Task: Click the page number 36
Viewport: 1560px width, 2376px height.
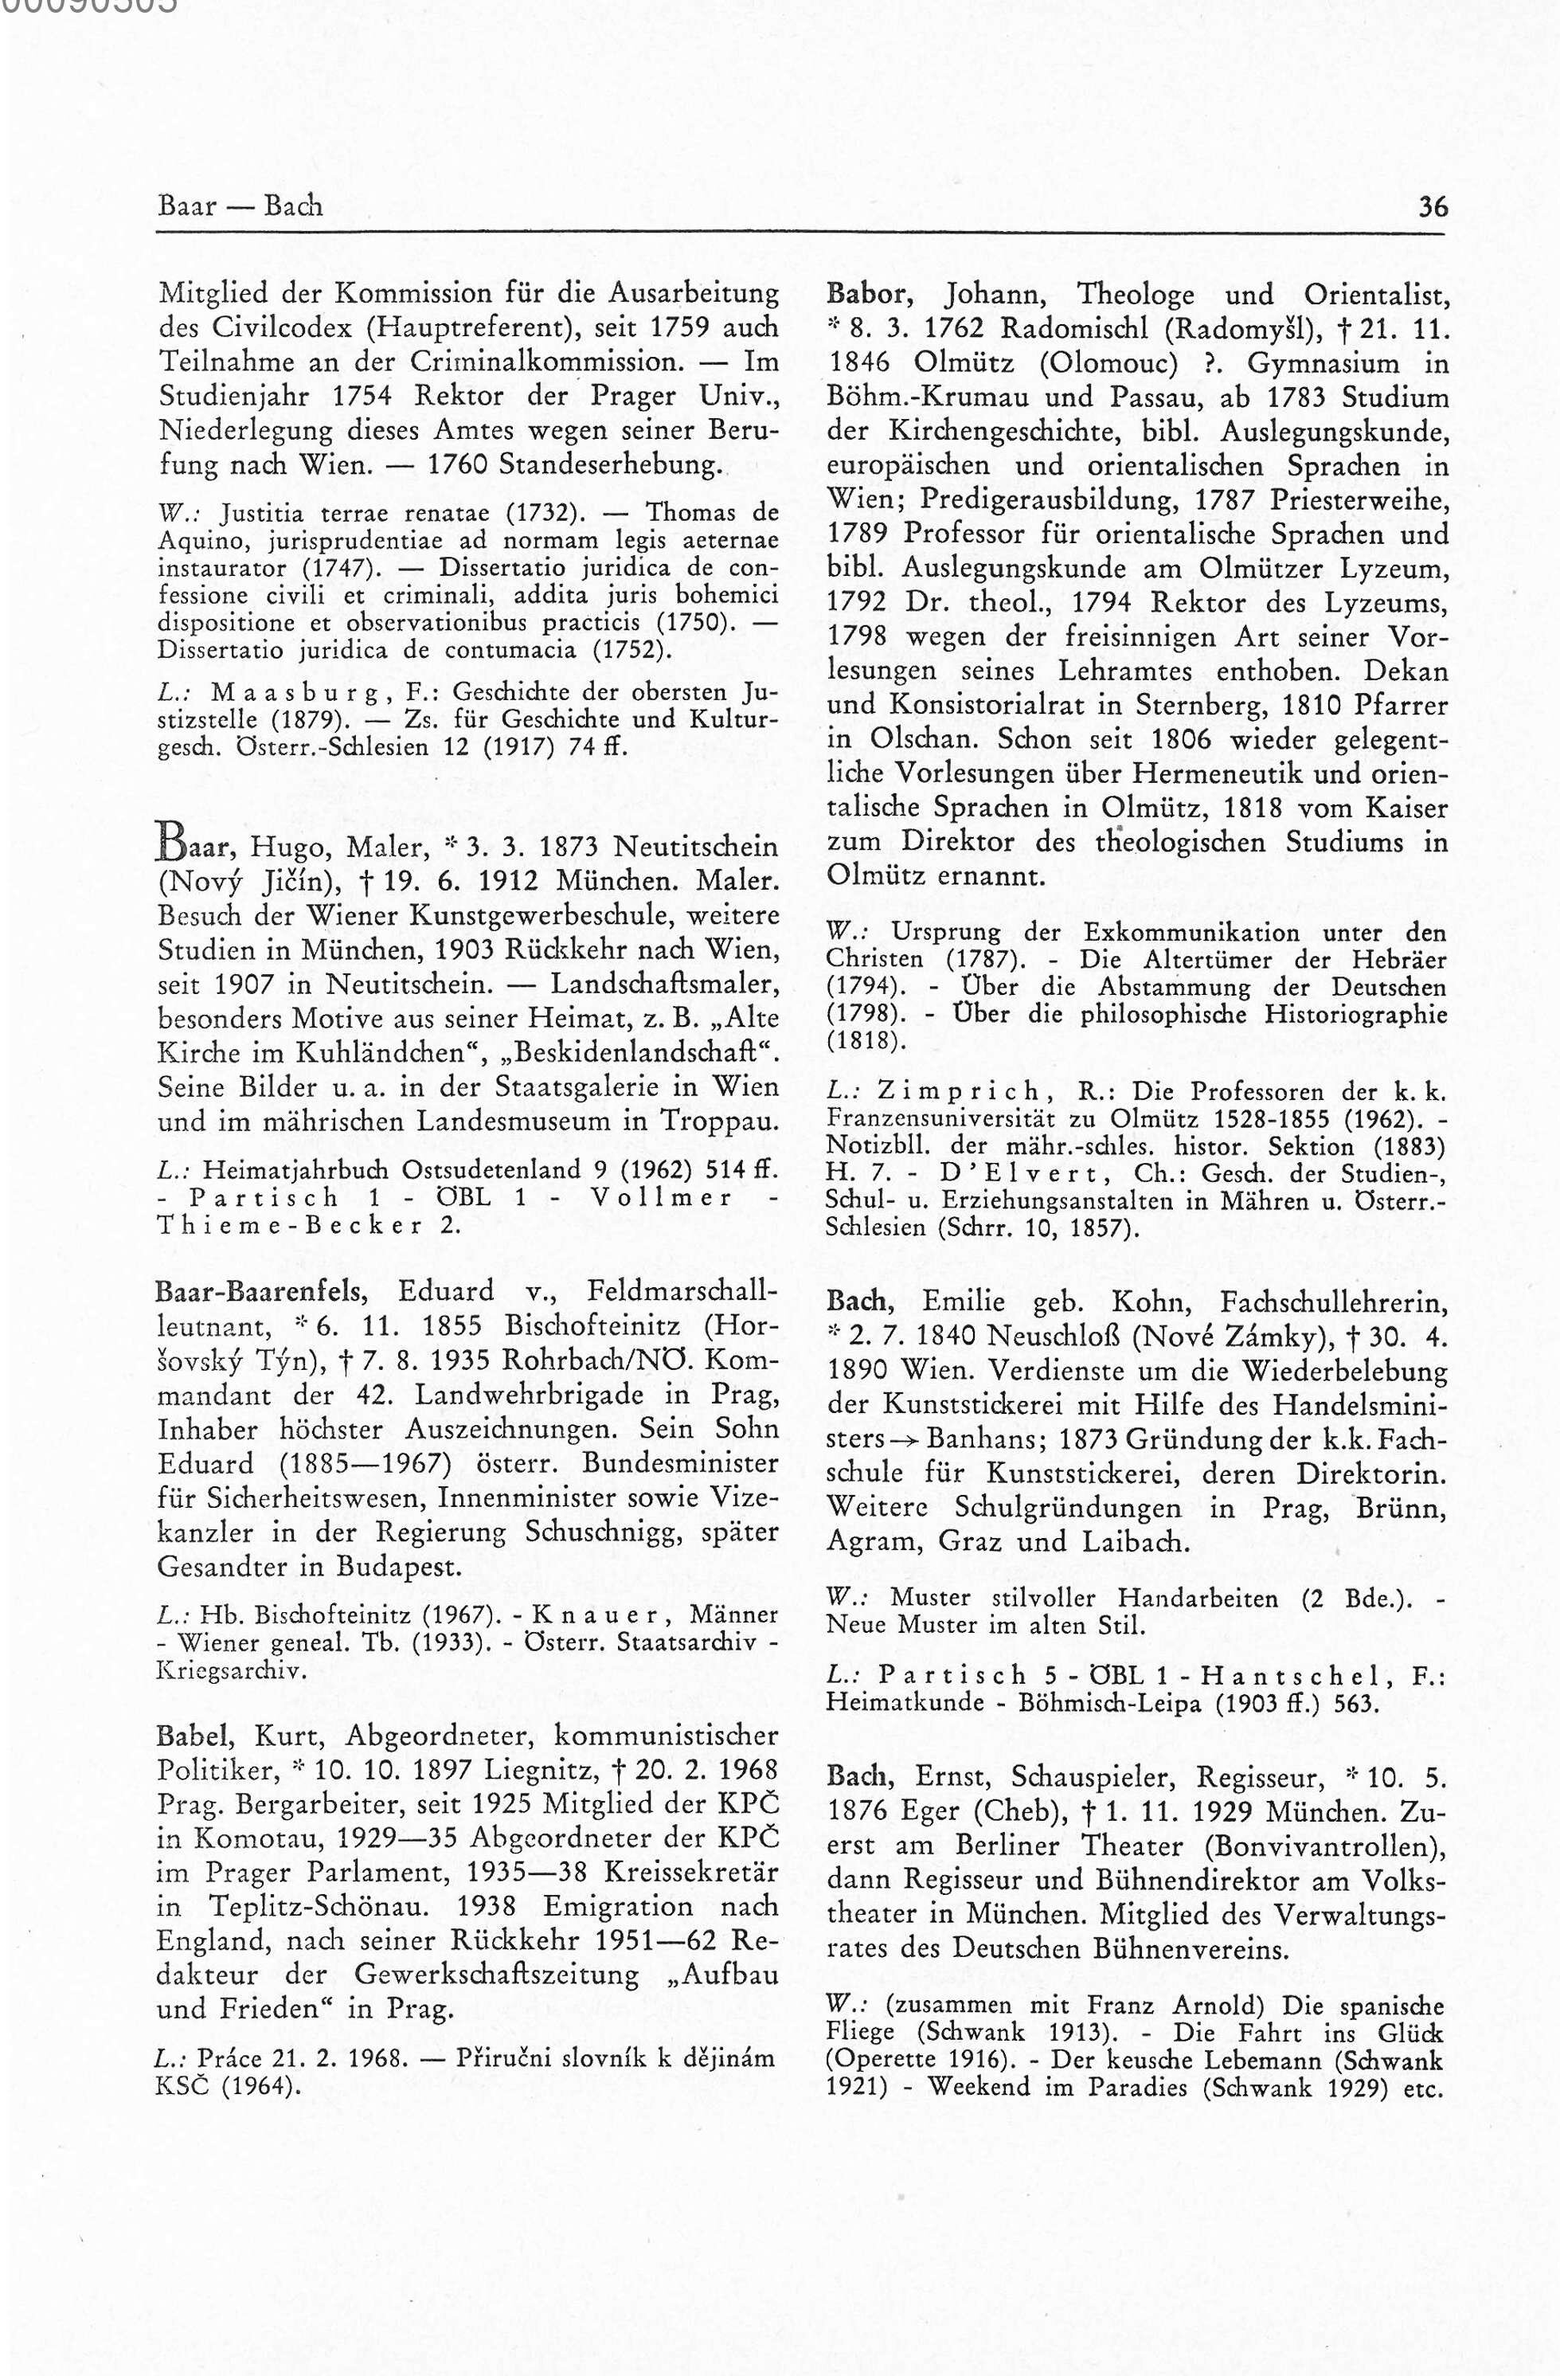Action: pyautogui.click(x=1433, y=208)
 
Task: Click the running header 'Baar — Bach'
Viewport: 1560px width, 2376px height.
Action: pyautogui.click(x=240, y=206)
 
